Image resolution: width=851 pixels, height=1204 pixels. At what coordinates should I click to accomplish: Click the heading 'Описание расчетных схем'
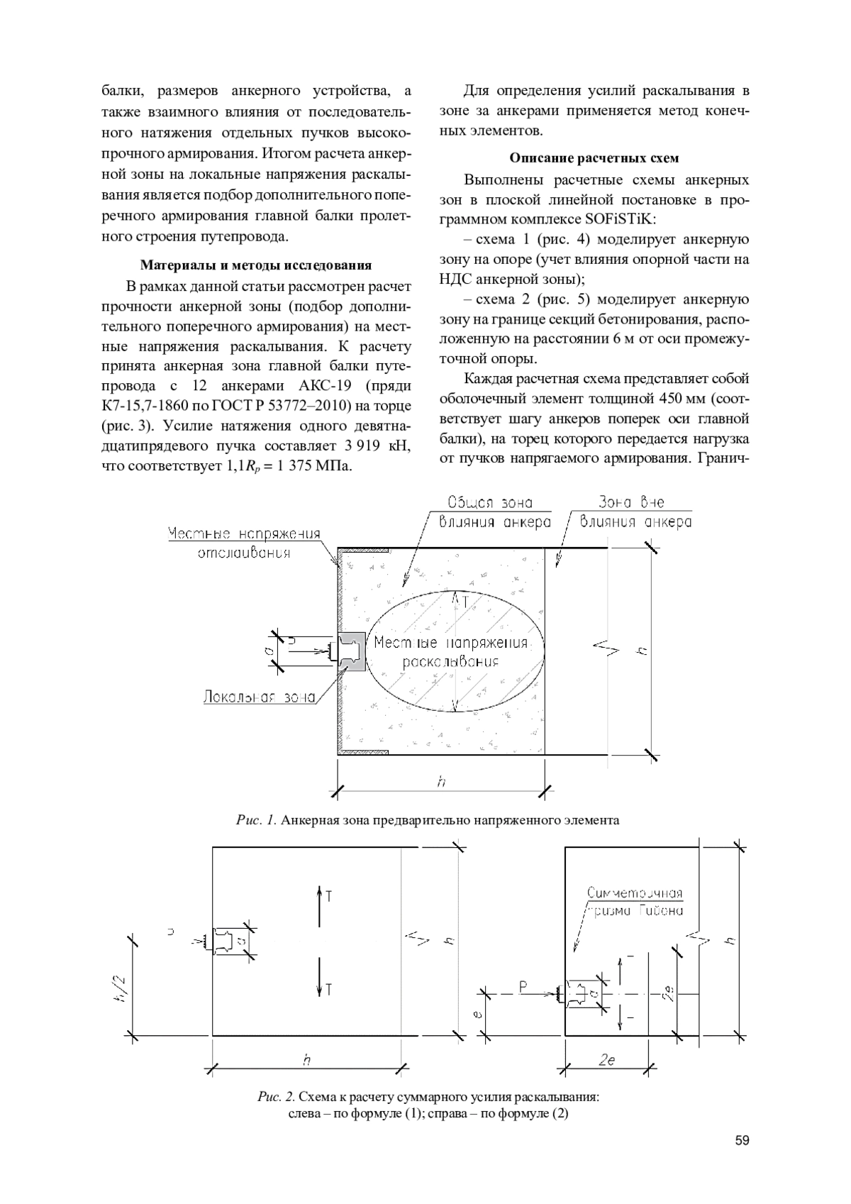tap(594, 158)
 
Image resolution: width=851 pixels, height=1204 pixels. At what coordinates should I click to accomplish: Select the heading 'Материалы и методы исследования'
tap(256, 265)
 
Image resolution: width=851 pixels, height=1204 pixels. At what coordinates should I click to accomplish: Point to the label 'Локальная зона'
tap(259, 697)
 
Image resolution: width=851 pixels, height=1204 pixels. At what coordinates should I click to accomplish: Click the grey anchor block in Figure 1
tap(352, 651)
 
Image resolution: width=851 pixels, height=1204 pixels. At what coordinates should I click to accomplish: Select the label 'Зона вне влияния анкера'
tap(635, 512)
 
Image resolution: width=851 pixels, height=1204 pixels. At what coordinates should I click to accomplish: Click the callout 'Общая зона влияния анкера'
tap(494, 512)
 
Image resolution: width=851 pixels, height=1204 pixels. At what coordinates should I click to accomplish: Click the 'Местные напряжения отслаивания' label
tap(244, 543)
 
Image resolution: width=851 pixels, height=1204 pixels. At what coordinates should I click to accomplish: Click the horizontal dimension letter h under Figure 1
tap(441, 782)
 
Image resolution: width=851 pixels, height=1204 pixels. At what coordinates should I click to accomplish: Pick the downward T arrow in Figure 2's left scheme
tap(321, 979)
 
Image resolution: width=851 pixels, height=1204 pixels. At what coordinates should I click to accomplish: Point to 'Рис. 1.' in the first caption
tap(256, 820)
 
